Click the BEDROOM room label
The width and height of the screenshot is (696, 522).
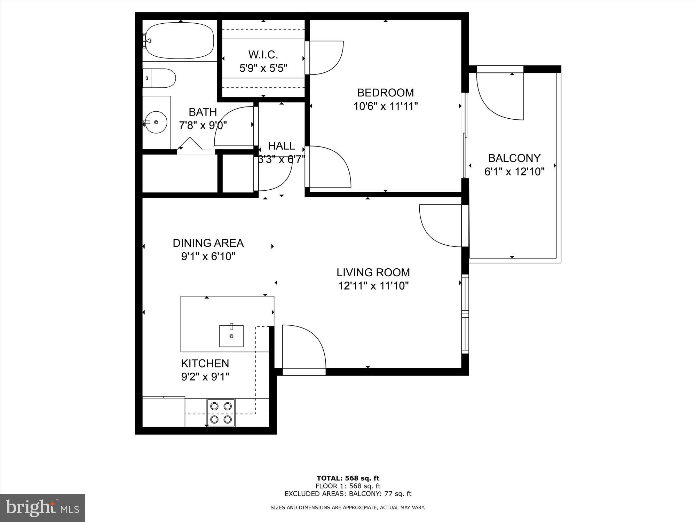pyautogui.click(x=385, y=93)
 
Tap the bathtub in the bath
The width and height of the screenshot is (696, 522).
pyautogui.click(x=180, y=40)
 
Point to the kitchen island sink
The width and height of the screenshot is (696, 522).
pyautogui.click(x=231, y=336)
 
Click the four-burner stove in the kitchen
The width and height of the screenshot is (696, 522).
pyautogui.click(x=221, y=412)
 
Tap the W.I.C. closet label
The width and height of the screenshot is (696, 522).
pyautogui.click(x=263, y=55)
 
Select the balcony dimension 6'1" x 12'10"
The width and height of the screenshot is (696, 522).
pyautogui.click(x=514, y=172)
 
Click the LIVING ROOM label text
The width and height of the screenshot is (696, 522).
pyautogui.click(x=373, y=272)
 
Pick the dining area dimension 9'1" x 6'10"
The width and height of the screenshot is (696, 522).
pyautogui.click(x=208, y=256)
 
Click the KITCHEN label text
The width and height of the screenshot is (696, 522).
pyautogui.click(x=205, y=363)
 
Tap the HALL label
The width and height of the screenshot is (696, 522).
pyautogui.click(x=281, y=145)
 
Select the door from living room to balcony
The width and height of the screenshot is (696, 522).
pyautogui.click(x=440, y=226)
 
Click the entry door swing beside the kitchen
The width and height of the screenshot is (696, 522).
pyautogui.click(x=303, y=346)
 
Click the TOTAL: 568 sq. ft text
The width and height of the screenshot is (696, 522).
pyautogui.click(x=348, y=478)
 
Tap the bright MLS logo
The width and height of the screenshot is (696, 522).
pyautogui.click(x=42, y=508)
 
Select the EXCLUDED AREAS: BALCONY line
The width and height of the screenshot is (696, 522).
pyautogui.click(x=348, y=493)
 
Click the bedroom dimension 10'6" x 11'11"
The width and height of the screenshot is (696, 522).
pyautogui.click(x=385, y=106)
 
